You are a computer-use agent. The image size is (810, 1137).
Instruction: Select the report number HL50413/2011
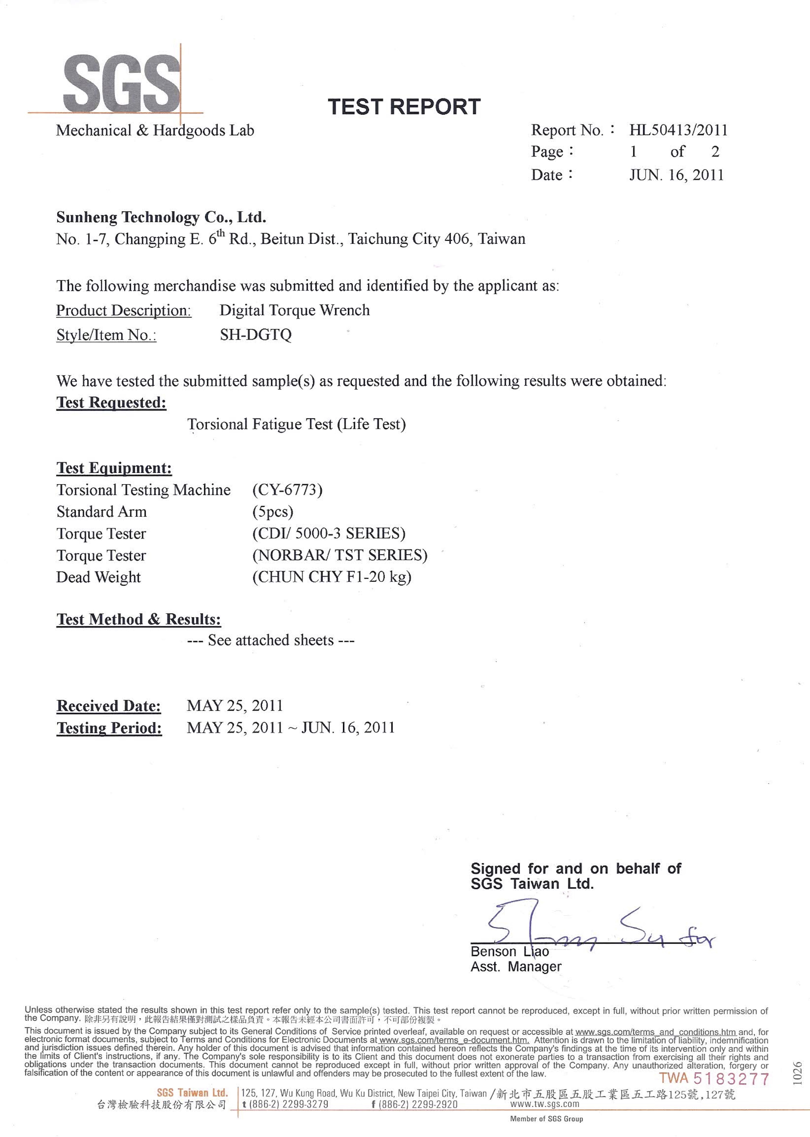point(678,131)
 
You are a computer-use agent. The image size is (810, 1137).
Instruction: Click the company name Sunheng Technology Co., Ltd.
point(161,217)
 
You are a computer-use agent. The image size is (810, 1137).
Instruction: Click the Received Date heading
point(109,706)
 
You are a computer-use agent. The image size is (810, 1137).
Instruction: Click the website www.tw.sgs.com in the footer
point(545,1104)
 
